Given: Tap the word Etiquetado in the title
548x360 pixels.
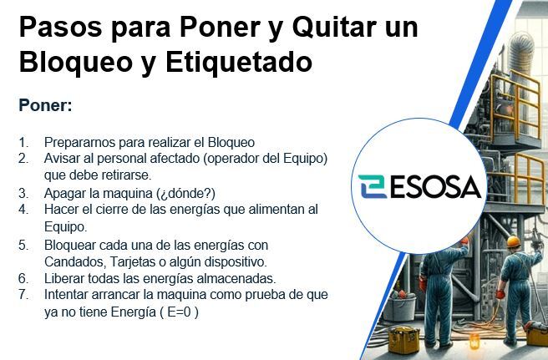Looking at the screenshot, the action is point(239,62).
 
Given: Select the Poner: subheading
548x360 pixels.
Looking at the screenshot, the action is point(45,105).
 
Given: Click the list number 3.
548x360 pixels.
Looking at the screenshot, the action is point(23,193).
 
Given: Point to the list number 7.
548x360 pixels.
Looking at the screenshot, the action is point(23,295).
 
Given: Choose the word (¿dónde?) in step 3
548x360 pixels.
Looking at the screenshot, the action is point(186,193).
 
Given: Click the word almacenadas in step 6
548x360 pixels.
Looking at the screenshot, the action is point(236,279).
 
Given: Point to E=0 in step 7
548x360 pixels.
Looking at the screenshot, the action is point(179,312).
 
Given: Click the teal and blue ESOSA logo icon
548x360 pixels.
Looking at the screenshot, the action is point(373,186).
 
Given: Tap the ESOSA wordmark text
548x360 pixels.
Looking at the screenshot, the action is point(435,187).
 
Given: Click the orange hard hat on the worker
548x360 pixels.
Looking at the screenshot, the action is point(514,241).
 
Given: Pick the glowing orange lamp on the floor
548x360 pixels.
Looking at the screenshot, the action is point(474,341).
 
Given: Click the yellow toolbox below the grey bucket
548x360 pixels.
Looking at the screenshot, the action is point(403,339).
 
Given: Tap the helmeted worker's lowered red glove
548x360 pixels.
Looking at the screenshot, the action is point(500,294).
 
